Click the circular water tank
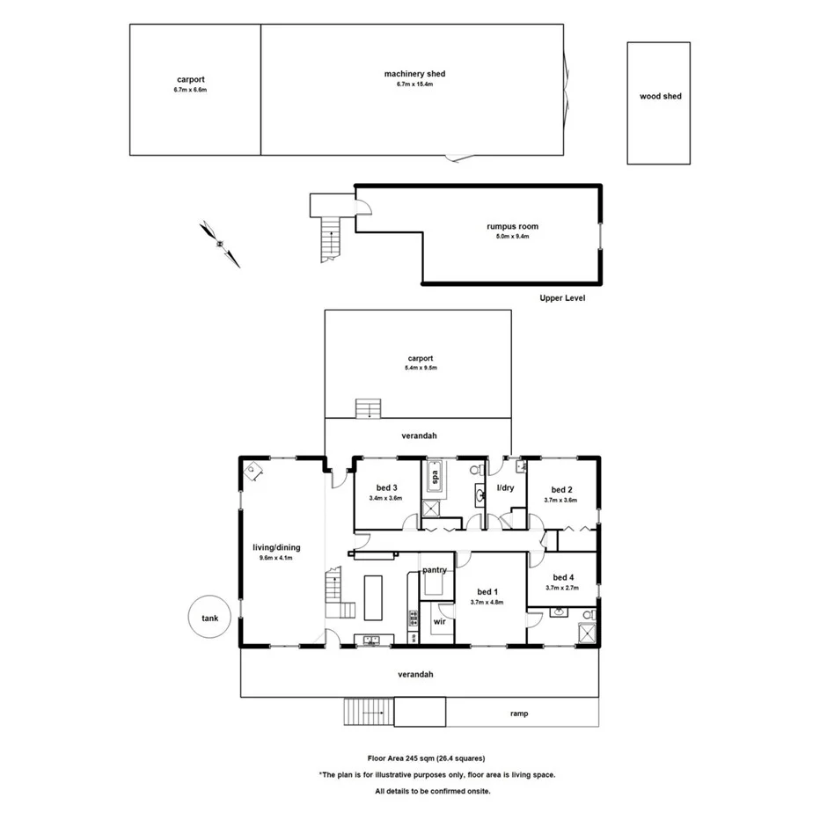click(209, 618)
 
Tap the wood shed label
click(660, 97)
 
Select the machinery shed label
click(414, 74)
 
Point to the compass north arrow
click(219, 243)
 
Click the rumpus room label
click(512, 226)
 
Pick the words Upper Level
click(562, 298)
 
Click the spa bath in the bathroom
click(434, 478)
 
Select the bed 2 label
click(562, 490)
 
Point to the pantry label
click(436, 570)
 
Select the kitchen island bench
click(373, 598)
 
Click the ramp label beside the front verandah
click(518, 714)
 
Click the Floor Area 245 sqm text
click(426, 758)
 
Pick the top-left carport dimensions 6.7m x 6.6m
click(190, 90)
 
